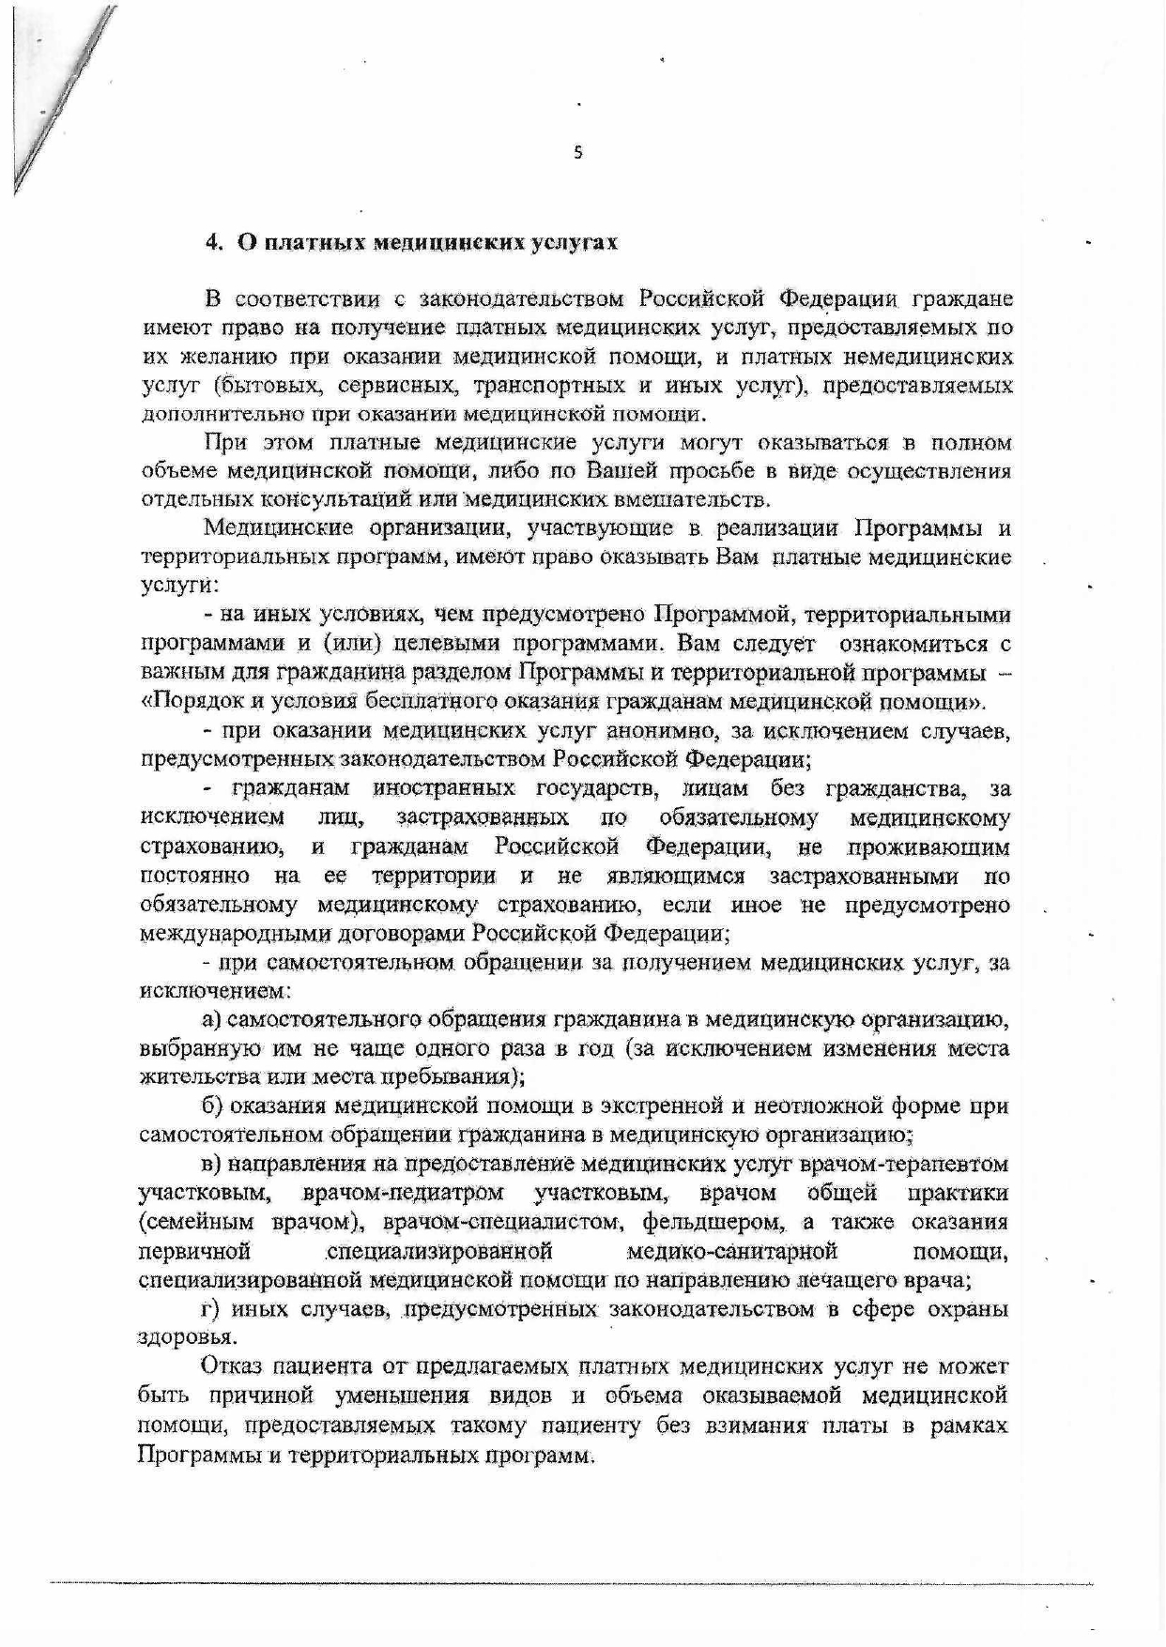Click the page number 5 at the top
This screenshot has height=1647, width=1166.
click(x=577, y=152)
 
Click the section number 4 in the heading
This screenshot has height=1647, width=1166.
click(x=212, y=242)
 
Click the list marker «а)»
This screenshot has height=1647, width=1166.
click(x=212, y=1020)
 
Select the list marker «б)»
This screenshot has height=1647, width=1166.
click(x=212, y=1106)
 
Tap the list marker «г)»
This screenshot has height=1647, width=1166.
click(x=210, y=1309)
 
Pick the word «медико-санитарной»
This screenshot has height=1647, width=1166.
click(x=731, y=1252)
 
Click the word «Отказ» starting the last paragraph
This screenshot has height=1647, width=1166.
click(x=236, y=1367)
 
